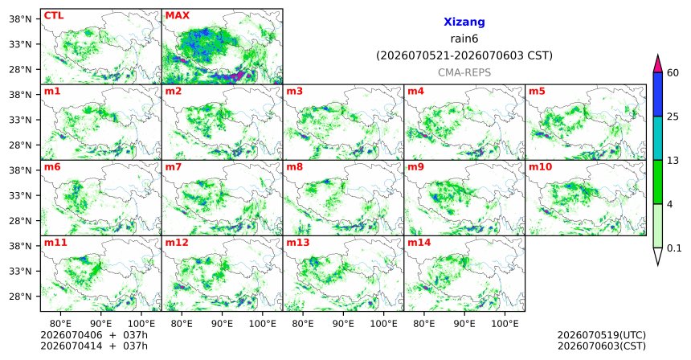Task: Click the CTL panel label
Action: click(53, 15)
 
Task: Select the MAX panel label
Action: click(177, 15)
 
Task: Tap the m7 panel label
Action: click(174, 167)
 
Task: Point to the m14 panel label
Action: click(419, 243)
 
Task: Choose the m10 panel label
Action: click(540, 167)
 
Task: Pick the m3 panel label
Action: click(294, 92)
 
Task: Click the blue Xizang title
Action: click(464, 22)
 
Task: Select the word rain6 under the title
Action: click(464, 39)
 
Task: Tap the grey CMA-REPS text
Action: click(464, 72)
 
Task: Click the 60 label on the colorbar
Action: click(673, 72)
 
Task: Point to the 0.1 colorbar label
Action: click(674, 248)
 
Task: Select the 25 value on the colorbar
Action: click(673, 117)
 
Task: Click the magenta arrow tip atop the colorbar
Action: click(658, 55)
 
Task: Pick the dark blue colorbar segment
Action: click(658, 94)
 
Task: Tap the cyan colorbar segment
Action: click(658, 138)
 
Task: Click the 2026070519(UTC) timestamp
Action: click(602, 336)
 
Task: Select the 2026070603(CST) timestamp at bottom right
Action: click(602, 346)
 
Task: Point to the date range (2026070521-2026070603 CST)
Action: click(464, 56)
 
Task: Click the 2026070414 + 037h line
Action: click(94, 346)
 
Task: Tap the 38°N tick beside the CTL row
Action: click(21, 18)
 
